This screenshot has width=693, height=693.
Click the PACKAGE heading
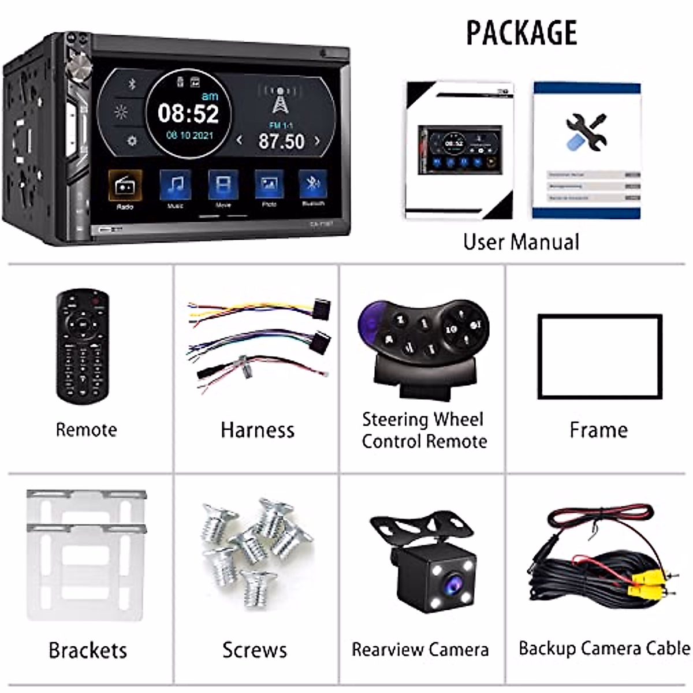coord(521,32)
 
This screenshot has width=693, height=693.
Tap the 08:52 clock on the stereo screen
coord(189,113)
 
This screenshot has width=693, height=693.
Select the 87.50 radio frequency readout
coord(281,141)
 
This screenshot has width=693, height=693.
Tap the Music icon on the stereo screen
coord(176,185)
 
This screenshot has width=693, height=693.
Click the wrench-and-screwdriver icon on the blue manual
coord(586,131)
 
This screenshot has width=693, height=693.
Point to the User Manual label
coord(521,242)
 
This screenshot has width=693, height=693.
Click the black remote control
coord(83,346)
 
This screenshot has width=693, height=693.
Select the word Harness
coord(258,430)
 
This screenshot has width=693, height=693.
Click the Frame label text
coord(598,430)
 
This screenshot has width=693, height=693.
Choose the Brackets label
coord(88,650)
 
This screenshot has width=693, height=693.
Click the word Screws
coord(255,650)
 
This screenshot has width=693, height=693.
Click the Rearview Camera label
coord(420,650)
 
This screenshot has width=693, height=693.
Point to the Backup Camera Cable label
coord(604,649)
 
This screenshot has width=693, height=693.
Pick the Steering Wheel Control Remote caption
coord(424,430)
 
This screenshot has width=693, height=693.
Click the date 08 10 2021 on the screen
coord(189,136)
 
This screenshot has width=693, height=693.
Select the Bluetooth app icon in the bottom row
coord(313,185)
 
